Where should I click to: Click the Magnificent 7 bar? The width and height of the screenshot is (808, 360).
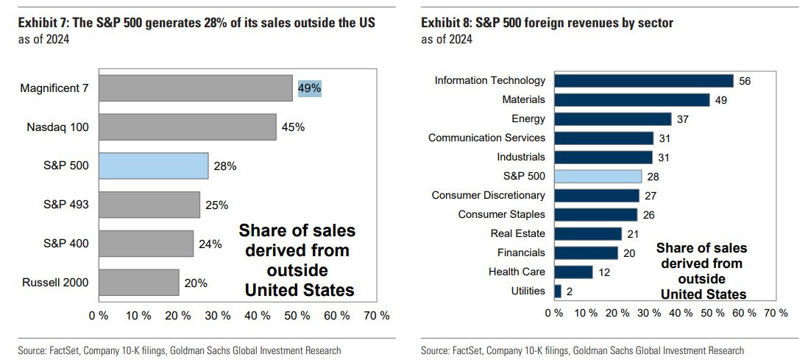click(195, 88)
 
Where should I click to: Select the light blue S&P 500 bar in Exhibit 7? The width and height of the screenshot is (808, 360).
click(153, 166)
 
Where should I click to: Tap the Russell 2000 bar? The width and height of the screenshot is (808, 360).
click(138, 282)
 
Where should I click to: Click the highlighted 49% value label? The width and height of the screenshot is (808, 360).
click(309, 88)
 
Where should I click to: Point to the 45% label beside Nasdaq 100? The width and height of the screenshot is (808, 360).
click(293, 127)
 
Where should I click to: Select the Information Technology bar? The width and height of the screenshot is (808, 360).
click(644, 80)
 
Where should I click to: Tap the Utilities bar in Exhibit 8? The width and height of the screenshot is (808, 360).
click(557, 291)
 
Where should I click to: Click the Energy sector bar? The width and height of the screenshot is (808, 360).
click(612, 119)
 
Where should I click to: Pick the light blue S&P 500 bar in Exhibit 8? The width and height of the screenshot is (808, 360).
click(598, 176)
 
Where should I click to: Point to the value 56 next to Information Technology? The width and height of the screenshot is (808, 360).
click(745, 80)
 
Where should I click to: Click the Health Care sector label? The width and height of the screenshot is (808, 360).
click(517, 272)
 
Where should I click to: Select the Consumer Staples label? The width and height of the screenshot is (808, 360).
click(501, 214)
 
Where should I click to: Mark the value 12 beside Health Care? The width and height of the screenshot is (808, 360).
click(604, 272)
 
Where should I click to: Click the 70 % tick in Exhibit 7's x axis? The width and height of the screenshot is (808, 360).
click(377, 315)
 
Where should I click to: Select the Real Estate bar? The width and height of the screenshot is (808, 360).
click(587, 233)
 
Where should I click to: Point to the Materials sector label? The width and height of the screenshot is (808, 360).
click(523, 99)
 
